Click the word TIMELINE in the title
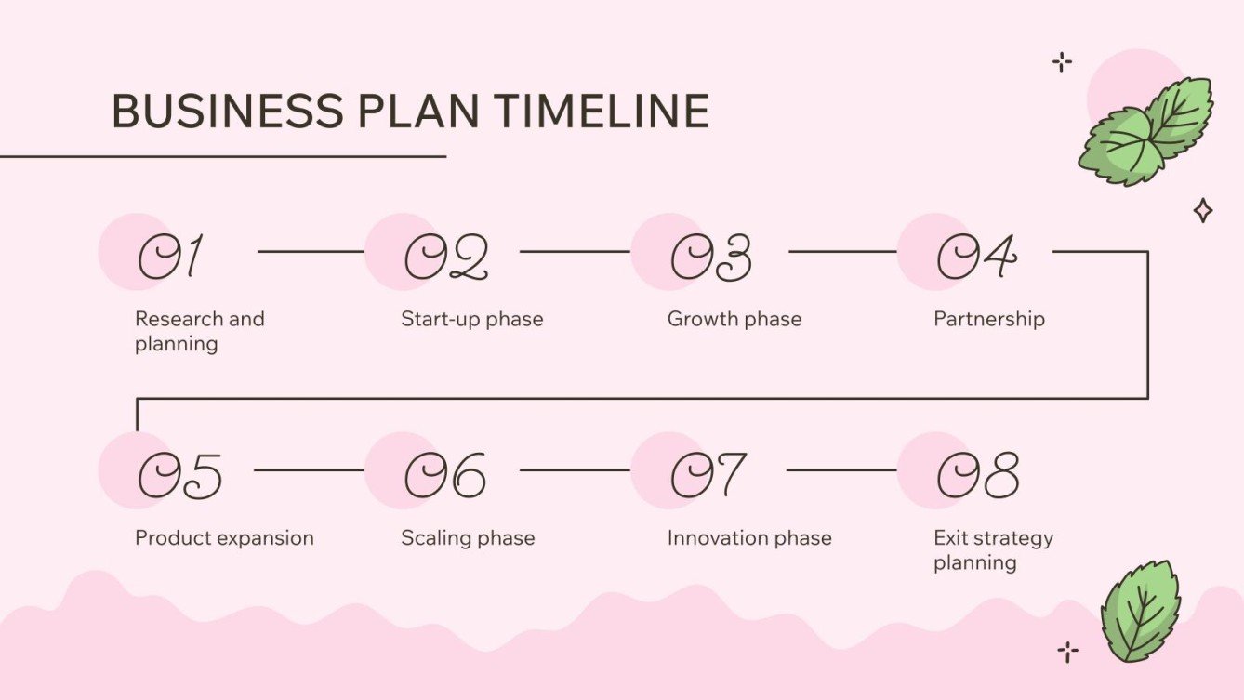click(601, 112)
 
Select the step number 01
click(170, 257)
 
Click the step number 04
click(976, 257)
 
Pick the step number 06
click(444, 475)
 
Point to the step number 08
click(977, 475)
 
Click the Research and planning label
click(200, 331)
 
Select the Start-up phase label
click(471, 319)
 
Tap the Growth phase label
click(734, 319)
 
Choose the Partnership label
click(988, 319)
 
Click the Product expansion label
click(224, 537)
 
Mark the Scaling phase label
click(468, 537)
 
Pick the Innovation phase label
click(748, 537)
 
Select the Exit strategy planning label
click(993, 549)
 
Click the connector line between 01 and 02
click(310, 251)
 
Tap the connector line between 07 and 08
click(840, 469)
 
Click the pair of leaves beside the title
click(1147, 131)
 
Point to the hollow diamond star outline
click(1202, 211)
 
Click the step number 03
click(711, 257)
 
